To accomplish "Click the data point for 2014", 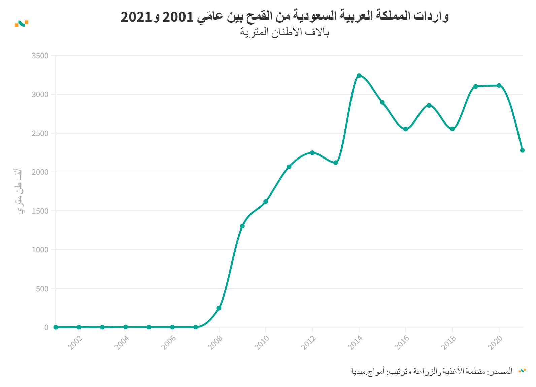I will coord(359,76).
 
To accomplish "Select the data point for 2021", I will coord(522,150).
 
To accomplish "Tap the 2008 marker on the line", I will coord(219,308).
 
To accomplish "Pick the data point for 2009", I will coord(242,226).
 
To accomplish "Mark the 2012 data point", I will coord(312,153).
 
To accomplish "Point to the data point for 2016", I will coord(406,129).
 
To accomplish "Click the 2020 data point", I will coord(499,86).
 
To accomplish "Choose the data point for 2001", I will coord(56,327).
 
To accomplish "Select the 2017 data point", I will coord(429,105).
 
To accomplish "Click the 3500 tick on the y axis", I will coord(40,56).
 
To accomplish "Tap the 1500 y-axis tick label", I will coord(40,211).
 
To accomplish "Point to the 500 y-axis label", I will coord(42,289).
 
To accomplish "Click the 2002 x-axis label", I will coord(75,343).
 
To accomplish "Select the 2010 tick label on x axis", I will coord(262,343).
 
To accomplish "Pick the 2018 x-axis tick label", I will coord(448,343).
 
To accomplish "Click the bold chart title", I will coord(284,16).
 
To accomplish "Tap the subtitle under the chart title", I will coord(284,32).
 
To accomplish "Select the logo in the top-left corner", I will coord(22,23).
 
